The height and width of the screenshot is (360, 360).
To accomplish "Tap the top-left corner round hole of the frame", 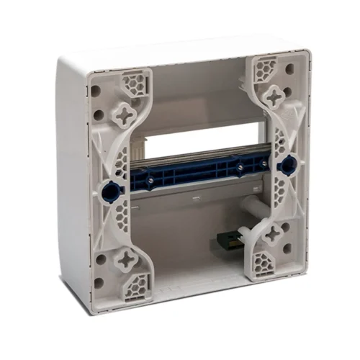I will click(x=95, y=92).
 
